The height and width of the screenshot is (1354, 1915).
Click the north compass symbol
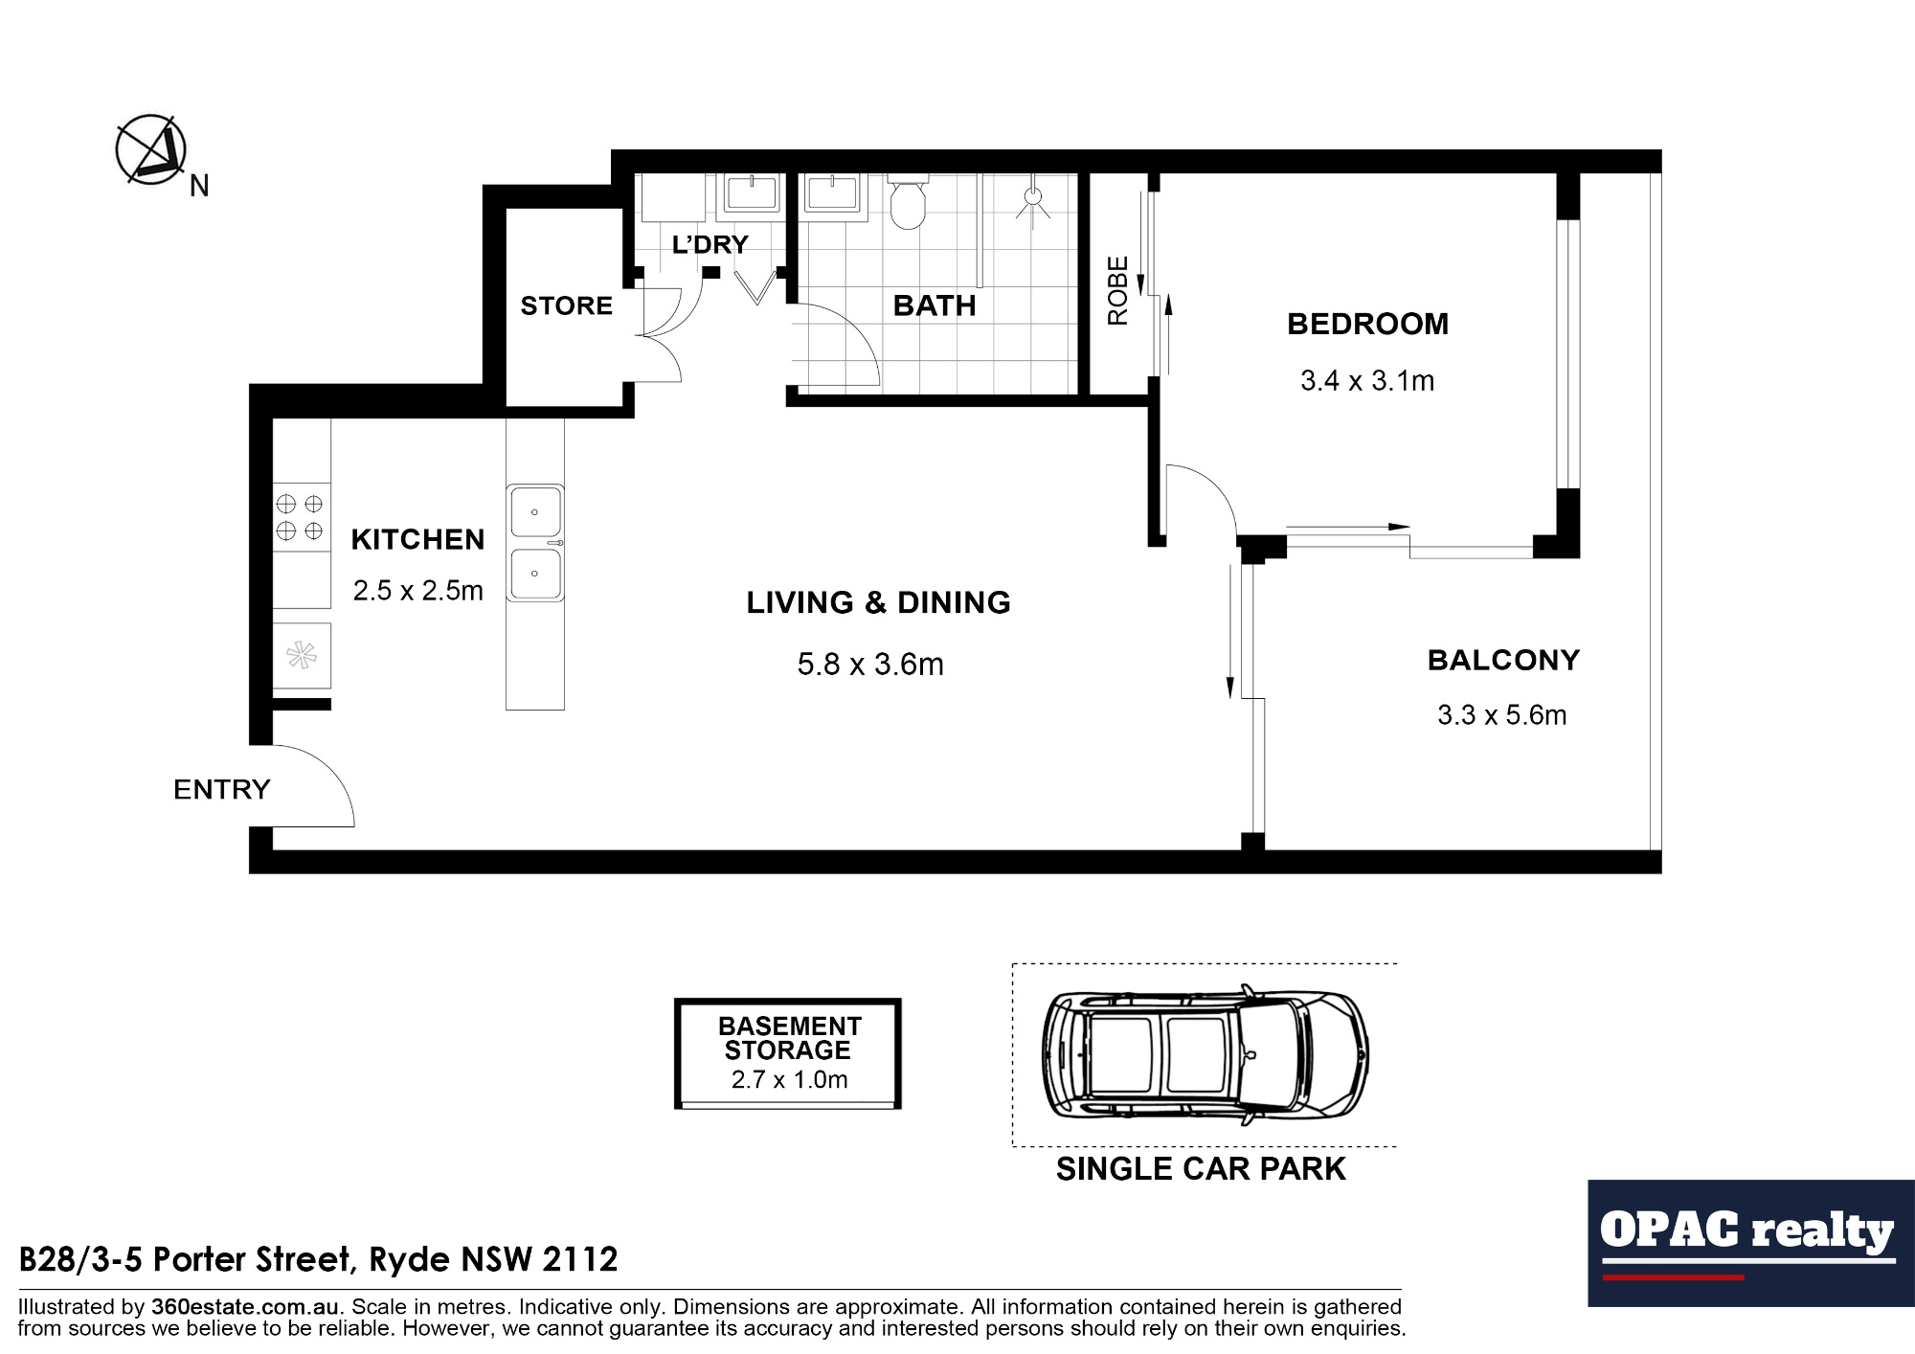pos(151,150)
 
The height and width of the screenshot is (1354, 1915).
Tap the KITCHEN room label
pos(417,540)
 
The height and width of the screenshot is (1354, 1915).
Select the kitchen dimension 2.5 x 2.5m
pos(417,591)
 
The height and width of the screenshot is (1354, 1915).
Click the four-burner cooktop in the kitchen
pos(300,517)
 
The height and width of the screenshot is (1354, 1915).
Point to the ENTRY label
pos(222,790)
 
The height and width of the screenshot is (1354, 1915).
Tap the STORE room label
pos(566,306)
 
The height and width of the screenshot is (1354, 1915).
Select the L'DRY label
pos(710,245)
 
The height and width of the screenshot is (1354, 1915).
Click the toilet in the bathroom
pos(908,202)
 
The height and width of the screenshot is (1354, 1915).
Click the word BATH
pos(935,306)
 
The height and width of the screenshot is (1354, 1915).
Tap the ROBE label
pos(1117,291)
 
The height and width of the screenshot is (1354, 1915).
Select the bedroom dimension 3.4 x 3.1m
pos(1366,381)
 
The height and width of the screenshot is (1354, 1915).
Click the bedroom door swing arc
pos(1211,488)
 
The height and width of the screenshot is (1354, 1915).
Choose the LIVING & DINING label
pos(878,603)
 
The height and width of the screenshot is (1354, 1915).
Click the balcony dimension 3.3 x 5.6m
pos(1501,715)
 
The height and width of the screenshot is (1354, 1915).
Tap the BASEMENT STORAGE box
pos(788,1053)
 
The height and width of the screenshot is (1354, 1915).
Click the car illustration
pos(1205,1055)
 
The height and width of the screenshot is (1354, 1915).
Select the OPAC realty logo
pos(1749,1242)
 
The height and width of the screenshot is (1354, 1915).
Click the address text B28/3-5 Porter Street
pos(319,1259)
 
